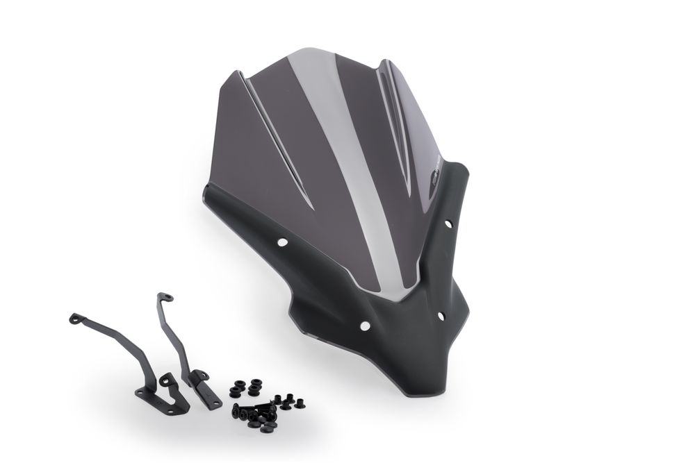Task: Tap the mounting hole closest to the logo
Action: (448, 224)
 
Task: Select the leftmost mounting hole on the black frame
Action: (283, 242)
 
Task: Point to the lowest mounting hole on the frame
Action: (364, 326)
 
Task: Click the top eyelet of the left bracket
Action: (74, 319)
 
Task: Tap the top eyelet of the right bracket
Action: (165, 297)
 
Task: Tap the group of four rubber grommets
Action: (246, 388)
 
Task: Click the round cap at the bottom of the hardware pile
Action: (266, 426)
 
